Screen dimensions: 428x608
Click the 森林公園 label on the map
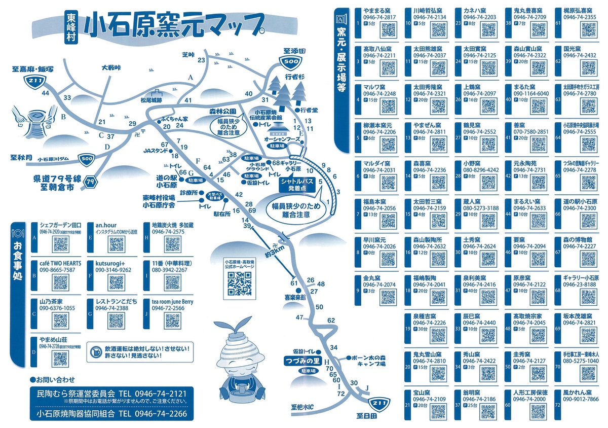[x=219, y=110]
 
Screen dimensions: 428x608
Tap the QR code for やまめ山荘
[x=60, y=358]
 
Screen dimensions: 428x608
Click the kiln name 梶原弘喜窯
[x=581, y=10]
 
